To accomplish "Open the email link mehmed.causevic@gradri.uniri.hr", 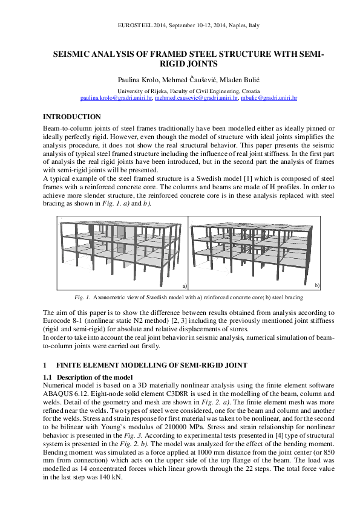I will coord(196,97).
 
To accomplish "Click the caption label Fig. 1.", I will coord(82,297).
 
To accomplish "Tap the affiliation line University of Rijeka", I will coord(179,89).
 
